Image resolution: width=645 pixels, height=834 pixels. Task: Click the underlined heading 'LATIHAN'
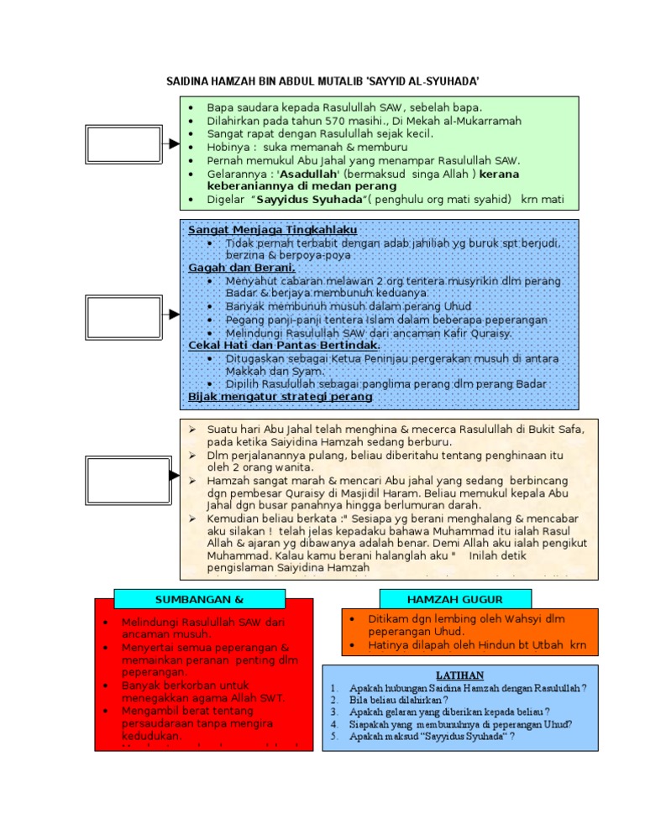click(x=459, y=675)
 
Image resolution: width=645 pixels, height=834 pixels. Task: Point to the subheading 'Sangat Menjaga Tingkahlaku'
click(x=273, y=229)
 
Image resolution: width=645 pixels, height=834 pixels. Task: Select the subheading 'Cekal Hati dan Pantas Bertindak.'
click(x=284, y=345)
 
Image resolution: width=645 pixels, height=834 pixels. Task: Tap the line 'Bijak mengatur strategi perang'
click(x=281, y=395)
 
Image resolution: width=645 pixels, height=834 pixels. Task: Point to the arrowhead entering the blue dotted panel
click(x=174, y=315)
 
